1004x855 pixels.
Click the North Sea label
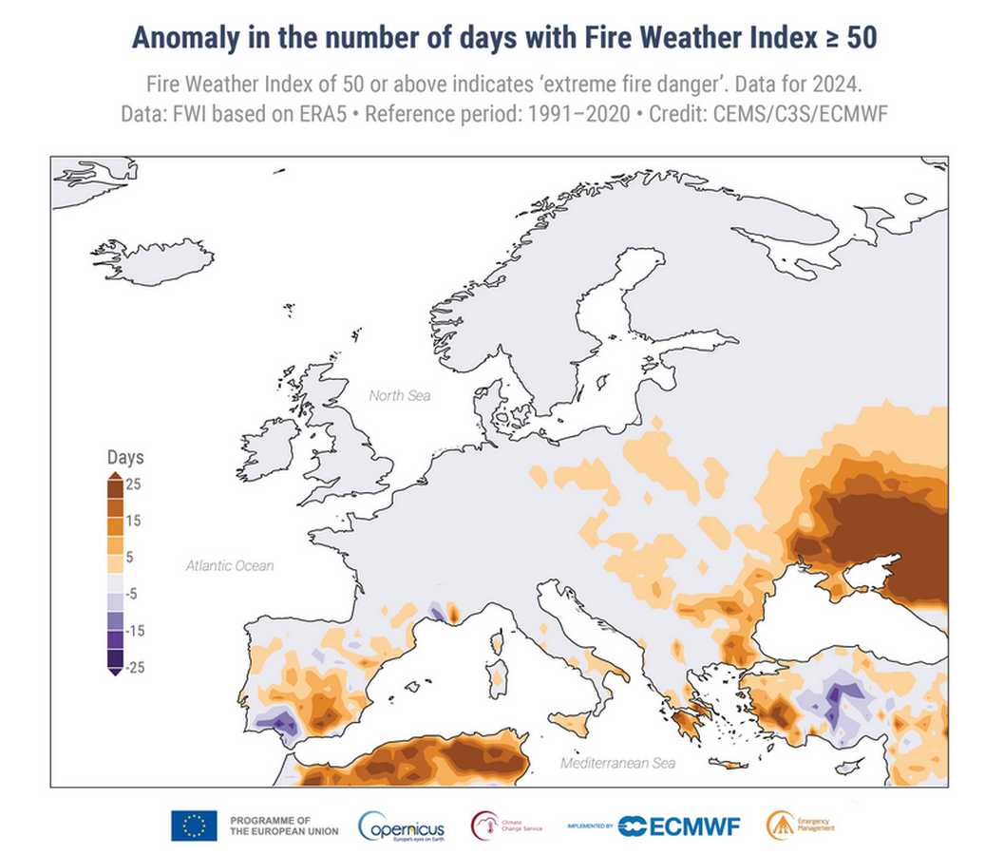coord(399,395)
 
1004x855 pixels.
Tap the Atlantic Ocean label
coord(229,566)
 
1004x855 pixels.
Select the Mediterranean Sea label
coord(617,763)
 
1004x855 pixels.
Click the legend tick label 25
coord(133,484)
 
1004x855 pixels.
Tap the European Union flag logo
coord(194,826)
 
